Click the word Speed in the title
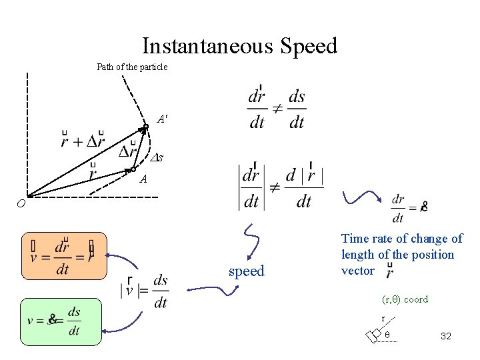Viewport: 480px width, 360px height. (309, 47)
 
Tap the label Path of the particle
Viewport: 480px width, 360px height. (132, 67)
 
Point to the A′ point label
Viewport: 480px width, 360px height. (162, 119)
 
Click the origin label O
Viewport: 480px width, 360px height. (21, 205)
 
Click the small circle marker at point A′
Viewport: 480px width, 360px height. (145, 127)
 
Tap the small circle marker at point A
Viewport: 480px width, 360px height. (133, 169)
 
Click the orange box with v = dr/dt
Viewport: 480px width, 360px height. (64, 255)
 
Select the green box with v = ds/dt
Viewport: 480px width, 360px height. (60, 321)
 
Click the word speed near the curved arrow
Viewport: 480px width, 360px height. (247, 271)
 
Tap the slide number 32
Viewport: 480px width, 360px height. (446, 336)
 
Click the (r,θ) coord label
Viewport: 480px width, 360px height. (405, 299)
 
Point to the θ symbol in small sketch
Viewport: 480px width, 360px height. (387, 333)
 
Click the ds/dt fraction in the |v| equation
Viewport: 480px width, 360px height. (160, 291)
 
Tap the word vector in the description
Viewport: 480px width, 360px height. (357, 271)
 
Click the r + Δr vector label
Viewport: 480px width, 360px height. (83, 140)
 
